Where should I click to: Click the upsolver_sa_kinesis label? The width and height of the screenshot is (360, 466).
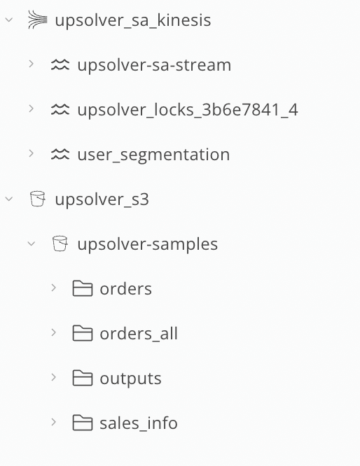click(133, 20)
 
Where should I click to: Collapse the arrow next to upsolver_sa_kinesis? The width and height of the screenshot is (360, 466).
click(9, 20)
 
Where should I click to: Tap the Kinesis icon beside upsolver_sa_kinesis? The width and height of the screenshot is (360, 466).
click(38, 20)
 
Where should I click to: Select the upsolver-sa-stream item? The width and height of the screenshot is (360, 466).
click(154, 65)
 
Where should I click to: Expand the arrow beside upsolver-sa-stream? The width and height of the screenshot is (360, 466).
click(32, 64)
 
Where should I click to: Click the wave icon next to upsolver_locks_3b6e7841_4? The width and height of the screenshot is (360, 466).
click(60, 109)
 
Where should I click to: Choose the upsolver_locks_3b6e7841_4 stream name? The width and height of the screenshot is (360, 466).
click(188, 110)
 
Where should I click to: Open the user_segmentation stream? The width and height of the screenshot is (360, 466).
click(153, 155)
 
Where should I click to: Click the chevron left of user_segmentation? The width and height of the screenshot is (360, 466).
click(32, 153)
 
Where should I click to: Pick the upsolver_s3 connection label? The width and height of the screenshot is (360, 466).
click(102, 199)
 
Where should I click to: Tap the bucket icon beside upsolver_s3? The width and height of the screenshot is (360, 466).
click(38, 199)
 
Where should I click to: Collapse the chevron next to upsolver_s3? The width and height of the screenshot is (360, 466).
click(9, 199)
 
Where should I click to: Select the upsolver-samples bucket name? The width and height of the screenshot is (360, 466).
click(148, 244)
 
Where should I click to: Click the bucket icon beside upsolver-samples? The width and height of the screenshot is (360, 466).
click(60, 243)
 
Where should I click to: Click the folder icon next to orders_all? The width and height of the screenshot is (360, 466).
click(83, 333)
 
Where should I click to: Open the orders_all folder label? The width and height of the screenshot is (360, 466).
click(139, 334)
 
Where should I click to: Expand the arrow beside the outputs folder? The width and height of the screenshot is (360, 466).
click(53, 377)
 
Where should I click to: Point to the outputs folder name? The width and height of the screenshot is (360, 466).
click(130, 379)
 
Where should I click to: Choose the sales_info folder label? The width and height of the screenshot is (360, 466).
click(139, 423)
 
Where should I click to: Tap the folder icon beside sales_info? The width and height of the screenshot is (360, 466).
click(83, 423)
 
